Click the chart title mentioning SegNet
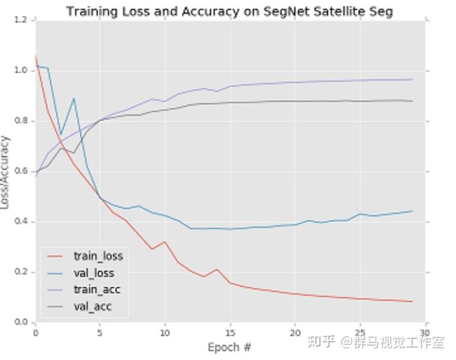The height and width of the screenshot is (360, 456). pos(229,11)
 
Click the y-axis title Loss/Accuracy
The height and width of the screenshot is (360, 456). pos(6,171)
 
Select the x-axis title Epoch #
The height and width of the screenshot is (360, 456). pos(229,347)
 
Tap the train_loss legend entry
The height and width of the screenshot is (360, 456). pos(98,256)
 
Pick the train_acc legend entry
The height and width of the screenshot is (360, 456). pos(97,289)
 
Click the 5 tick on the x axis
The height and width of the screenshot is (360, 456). pos(100,332)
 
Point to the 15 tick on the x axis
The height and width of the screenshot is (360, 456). pos(230,332)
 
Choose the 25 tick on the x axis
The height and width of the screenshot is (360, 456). pos(360,332)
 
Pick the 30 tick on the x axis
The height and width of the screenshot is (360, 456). pos(425,332)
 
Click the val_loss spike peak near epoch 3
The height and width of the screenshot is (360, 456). pos(74,98)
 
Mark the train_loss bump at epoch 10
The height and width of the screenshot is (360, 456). pos(165,242)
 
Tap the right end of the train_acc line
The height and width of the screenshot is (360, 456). pos(412,79)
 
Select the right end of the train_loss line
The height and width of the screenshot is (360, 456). pos(412,302)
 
